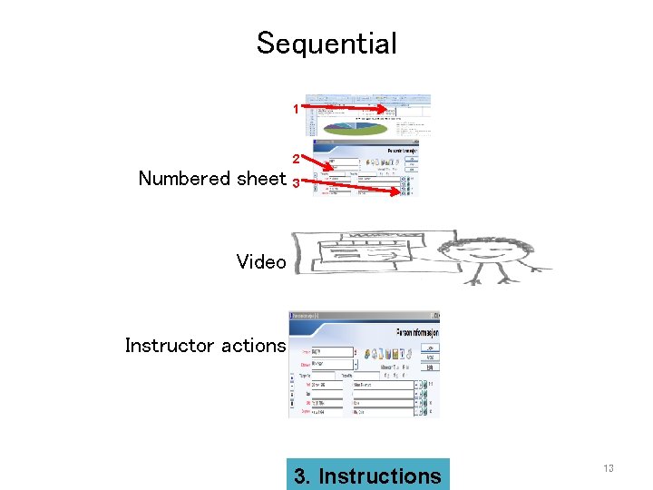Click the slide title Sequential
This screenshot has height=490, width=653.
click(326, 44)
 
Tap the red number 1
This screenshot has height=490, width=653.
click(296, 110)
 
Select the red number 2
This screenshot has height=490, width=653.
click(296, 160)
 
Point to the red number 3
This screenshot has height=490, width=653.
click(296, 182)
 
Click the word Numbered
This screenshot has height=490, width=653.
click(185, 179)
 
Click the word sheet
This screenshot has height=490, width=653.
click(260, 179)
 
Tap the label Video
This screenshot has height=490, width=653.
click(261, 262)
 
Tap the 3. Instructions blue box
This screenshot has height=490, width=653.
click(367, 475)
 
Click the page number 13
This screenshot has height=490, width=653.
click(609, 468)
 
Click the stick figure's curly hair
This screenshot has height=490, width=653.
click(494, 230)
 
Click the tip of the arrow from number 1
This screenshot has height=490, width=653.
click(400, 116)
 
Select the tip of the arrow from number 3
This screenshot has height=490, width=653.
click(400, 192)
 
